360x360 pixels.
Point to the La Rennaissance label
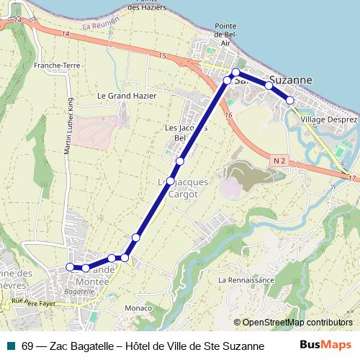pos(246,279)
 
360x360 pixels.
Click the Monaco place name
pos(138,308)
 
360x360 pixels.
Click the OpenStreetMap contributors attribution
pos(297,323)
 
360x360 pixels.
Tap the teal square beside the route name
pos(10,346)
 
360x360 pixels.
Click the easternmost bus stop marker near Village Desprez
pos(290,100)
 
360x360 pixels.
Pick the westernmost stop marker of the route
pos(70,267)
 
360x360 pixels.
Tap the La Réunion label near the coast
pos(98,26)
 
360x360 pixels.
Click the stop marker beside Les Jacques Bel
pos(179,161)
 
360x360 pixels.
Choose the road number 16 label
pos(228,115)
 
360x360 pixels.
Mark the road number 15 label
pos(163,56)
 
